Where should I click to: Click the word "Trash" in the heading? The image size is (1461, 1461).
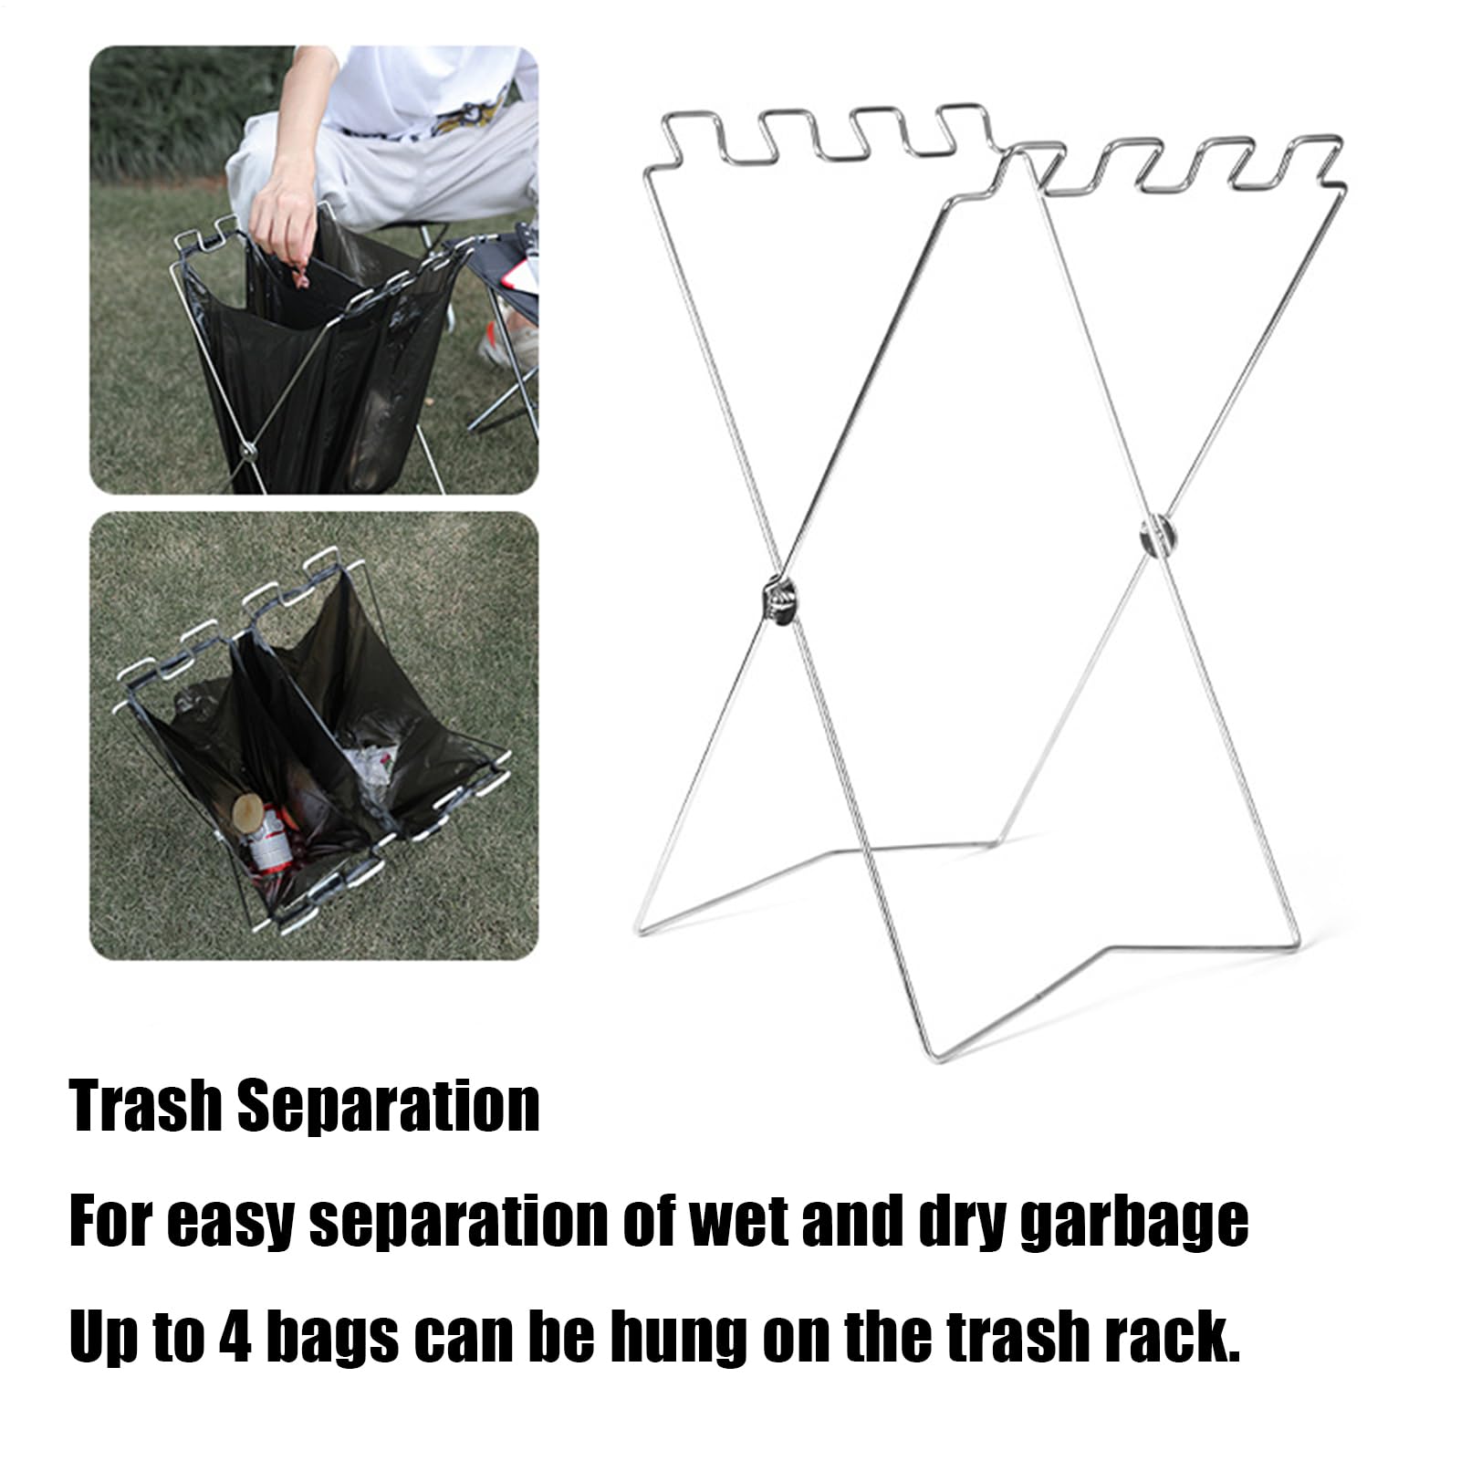[145, 1105]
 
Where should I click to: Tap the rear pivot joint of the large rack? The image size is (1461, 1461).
[1155, 536]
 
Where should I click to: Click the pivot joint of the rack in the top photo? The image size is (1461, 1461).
[246, 450]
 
